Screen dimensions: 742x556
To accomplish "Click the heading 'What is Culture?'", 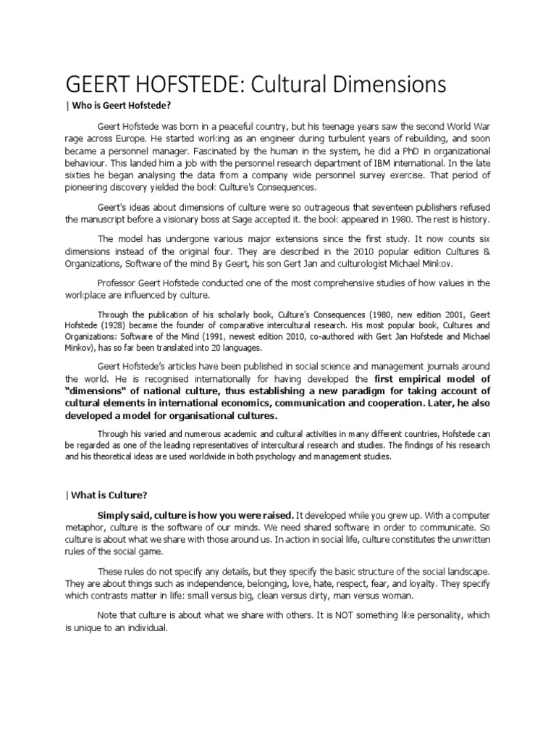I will (x=109, y=495).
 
